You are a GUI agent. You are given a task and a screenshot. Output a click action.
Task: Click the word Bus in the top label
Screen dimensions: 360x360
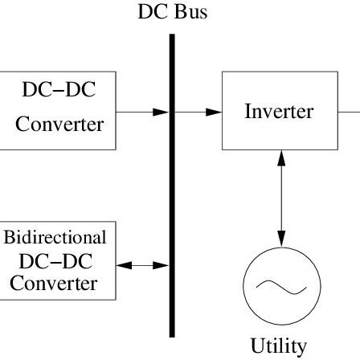(x=190, y=14)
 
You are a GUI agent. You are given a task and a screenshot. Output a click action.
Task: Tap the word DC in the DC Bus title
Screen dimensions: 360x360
(x=153, y=14)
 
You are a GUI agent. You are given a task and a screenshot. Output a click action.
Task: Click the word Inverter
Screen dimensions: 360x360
(x=279, y=111)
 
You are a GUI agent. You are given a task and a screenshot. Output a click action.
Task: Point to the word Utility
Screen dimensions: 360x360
(x=279, y=346)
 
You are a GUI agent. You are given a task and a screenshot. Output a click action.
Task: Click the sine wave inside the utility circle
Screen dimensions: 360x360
(x=281, y=285)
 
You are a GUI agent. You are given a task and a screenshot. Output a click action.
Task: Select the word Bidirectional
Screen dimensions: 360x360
(x=55, y=237)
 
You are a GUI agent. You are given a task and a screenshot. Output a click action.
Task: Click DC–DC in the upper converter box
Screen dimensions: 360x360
(x=58, y=88)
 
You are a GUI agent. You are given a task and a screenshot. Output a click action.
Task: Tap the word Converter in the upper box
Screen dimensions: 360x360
(x=59, y=125)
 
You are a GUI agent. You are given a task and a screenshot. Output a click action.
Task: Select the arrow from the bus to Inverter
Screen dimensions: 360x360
(x=198, y=112)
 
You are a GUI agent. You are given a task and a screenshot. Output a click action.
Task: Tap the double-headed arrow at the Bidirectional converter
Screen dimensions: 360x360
(x=143, y=264)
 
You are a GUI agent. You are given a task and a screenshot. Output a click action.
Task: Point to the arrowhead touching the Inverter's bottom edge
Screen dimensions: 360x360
(x=281, y=157)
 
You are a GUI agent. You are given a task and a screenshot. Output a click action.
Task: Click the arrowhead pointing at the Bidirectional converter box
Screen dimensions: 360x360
(x=124, y=264)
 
